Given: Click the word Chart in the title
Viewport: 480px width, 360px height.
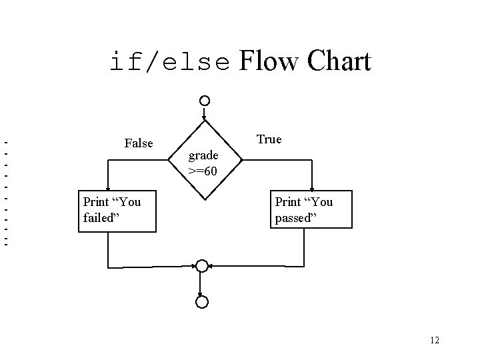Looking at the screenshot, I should click(x=339, y=62).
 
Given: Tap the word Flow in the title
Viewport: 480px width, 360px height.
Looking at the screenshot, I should click(x=268, y=62).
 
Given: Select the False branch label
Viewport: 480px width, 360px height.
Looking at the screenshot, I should click(x=139, y=143).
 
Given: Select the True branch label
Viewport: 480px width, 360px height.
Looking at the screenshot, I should click(x=269, y=139).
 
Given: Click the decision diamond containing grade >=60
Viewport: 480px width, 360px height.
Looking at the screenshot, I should click(x=204, y=161).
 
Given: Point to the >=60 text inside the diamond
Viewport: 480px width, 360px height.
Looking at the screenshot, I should click(x=202, y=171).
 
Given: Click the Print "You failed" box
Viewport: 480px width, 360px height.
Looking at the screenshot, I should click(x=117, y=209).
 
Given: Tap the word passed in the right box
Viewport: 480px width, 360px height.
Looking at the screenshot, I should click(x=293, y=218).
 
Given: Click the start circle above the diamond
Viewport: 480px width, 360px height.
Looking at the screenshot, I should click(x=205, y=101).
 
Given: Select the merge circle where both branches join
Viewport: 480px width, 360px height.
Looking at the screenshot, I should click(x=201, y=266).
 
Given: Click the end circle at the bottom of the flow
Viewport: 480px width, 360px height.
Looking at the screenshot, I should click(x=201, y=302).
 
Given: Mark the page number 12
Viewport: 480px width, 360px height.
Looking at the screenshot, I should click(x=434, y=341).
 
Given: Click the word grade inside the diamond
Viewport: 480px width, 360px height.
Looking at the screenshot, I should click(x=203, y=155).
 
